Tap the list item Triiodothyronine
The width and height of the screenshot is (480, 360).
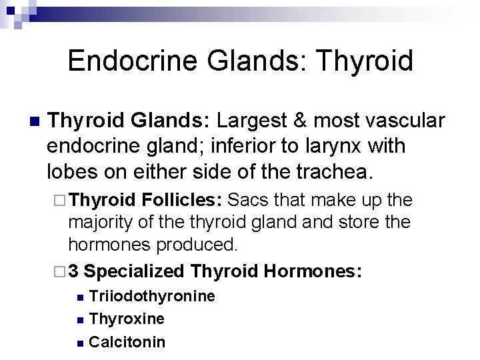(152, 296)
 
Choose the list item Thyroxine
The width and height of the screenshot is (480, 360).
(127, 319)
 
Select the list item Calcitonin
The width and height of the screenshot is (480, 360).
(127, 342)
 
